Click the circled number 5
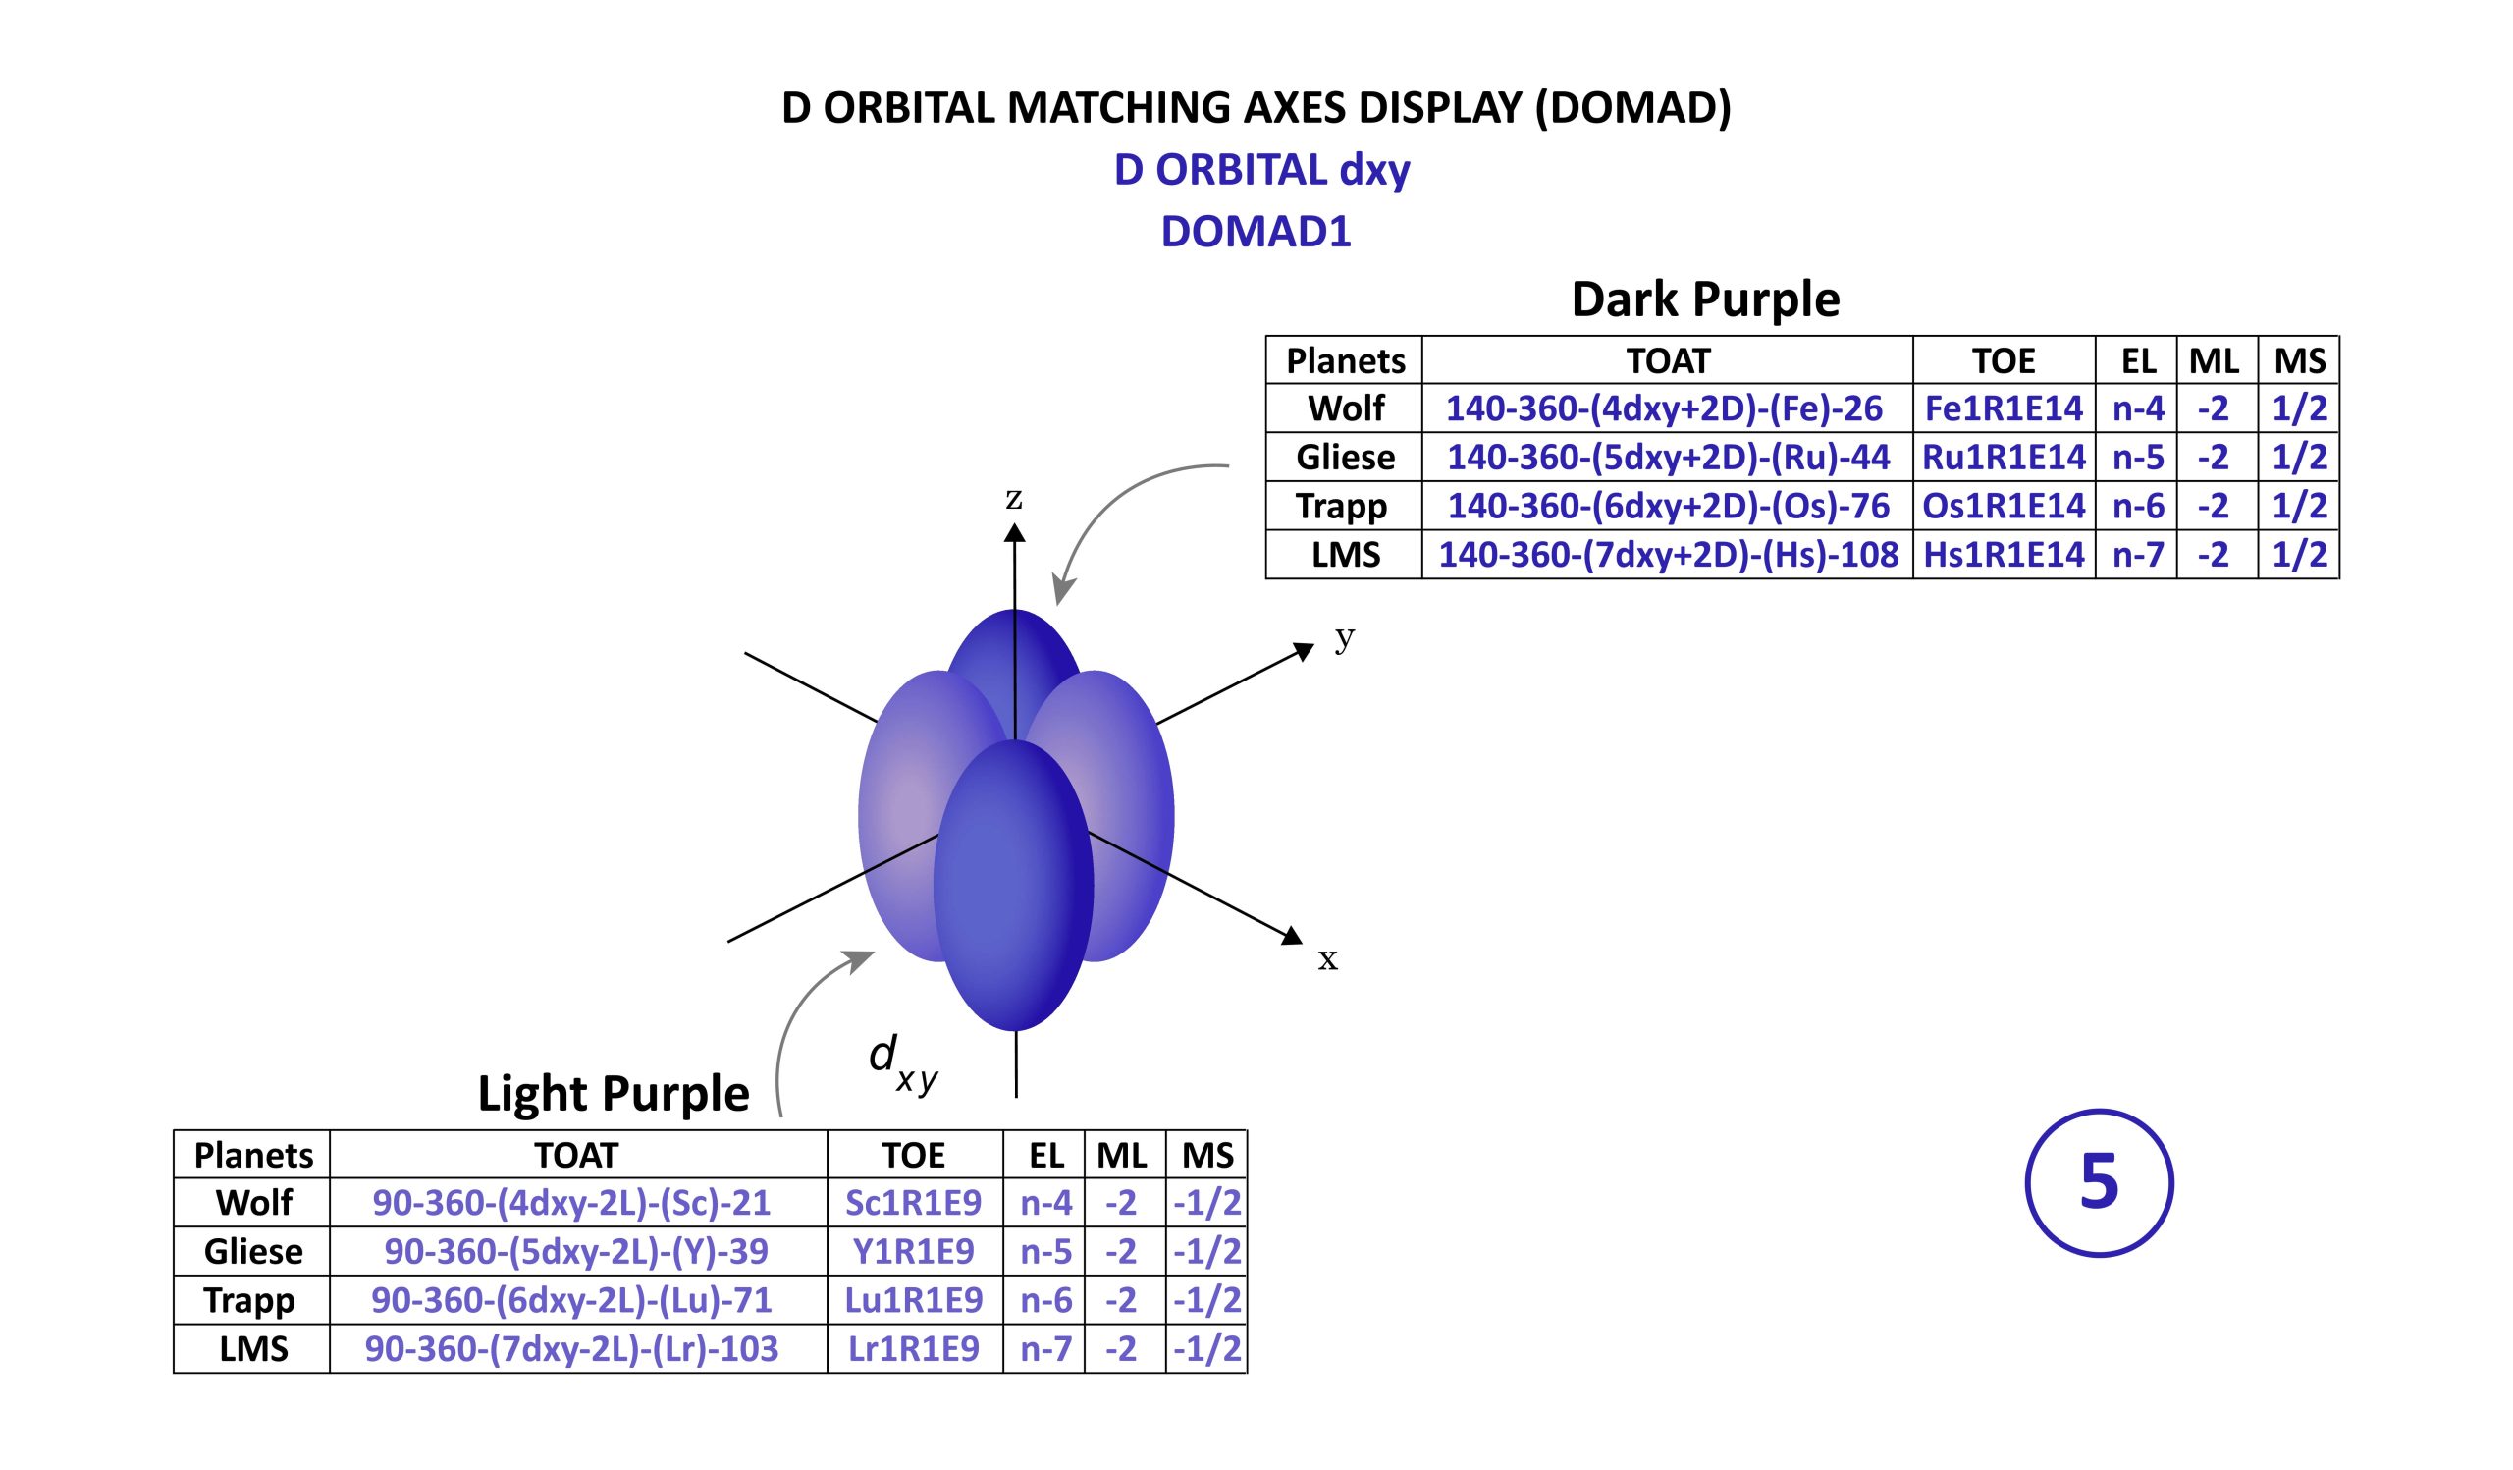pyautogui.click(x=2099, y=1183)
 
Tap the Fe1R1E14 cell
pyautogui.click(x=2004, y=408)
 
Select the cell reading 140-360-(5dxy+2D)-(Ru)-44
pyautogui.click(x=1668, y=458)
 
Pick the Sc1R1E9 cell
pyautogui.click(x=914, y=1203)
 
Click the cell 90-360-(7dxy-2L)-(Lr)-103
pyautogui.click(x=570, y=1349)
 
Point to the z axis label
pyautogui.click(x=1014, y=498)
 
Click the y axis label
pyautogui.click(x=1345, y=637)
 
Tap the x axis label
pyautogui.click(x=1327, y=959)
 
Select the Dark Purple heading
pyautogui.click(x=1705, y=299)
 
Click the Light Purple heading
pyautogui.click(x=614, y=1094)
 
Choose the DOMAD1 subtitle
pyautogui.click(x=1256, y=232)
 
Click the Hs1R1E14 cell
pyautogui.click(x=2004, y=555)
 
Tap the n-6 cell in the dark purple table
pyautogui.click(x=2138, y=507)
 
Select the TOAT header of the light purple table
pyautogui.click(x=576, y=1155)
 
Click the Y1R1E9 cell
pyautogui.click(x=914, y=1252)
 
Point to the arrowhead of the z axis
pyautogui.click(x=1014, y=533)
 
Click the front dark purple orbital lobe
pyautogui.click(x=1013, y=886)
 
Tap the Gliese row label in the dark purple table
pyautogui.click(x=1345, y=458)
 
